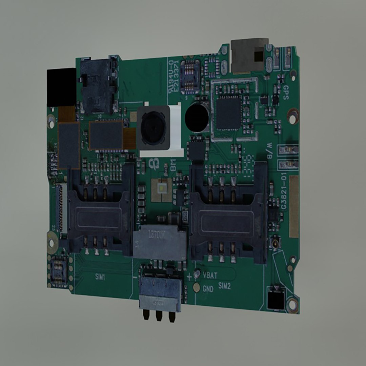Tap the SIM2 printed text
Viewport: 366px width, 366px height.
point(224,286)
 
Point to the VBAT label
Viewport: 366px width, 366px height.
point(210,275)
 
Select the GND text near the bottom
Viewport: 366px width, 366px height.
point(208,289)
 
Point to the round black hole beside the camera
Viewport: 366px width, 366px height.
point(197,118)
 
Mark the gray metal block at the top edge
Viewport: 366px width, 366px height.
point(249,56)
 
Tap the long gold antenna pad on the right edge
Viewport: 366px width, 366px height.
point(294,206)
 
